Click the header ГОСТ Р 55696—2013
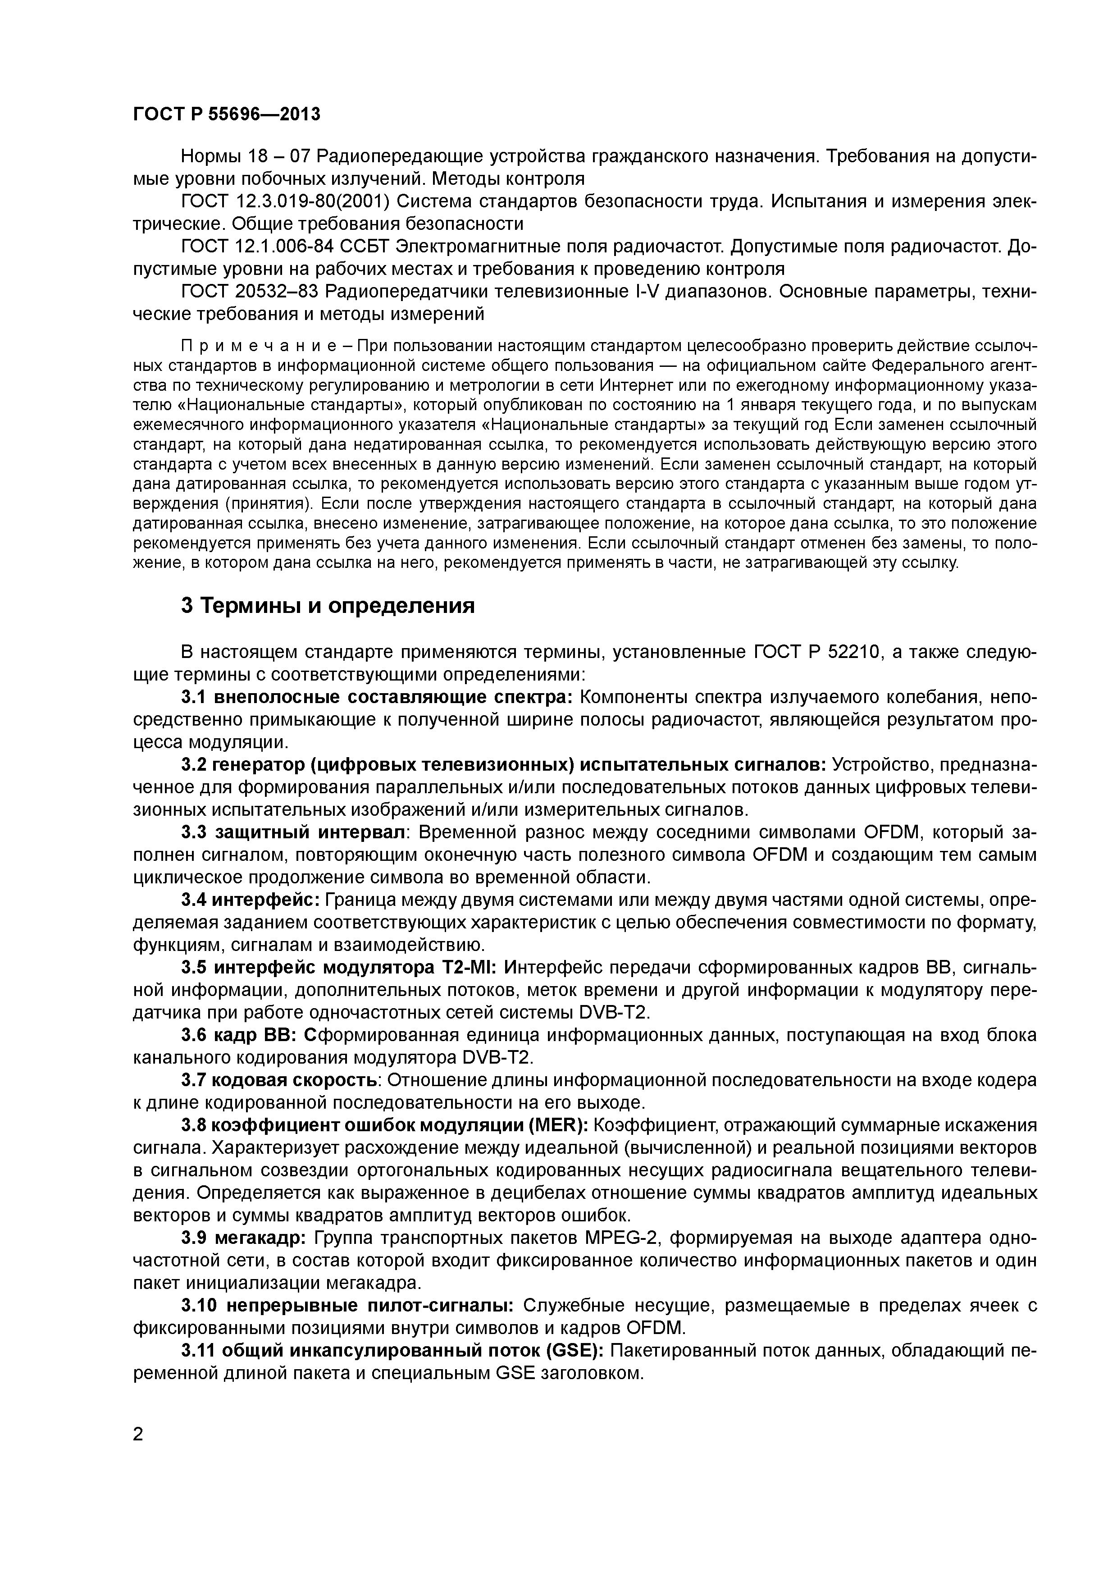coord(227,114)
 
